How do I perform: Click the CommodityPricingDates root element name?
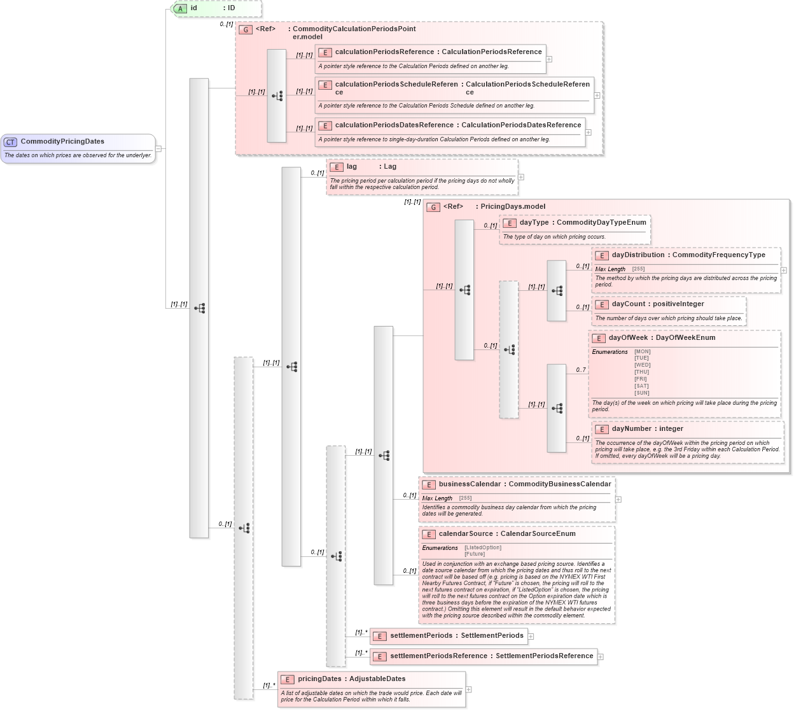62,141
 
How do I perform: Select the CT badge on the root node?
10,142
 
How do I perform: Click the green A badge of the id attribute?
181,8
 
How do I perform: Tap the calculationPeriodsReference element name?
384,52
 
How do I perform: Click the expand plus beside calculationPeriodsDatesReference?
589,132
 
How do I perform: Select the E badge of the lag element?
337,167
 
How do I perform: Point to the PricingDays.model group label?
513,207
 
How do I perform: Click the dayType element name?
534,223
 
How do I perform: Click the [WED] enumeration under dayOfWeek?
642,365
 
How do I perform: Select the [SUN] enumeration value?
642,393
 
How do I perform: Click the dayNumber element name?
631,429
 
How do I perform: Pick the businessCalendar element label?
470,484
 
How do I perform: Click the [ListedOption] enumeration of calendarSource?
483,548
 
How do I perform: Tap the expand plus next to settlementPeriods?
531,636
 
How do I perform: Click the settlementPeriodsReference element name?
438,656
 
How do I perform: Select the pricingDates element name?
319,679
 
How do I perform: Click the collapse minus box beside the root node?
158,149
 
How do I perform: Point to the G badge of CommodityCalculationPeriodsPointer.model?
245,30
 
